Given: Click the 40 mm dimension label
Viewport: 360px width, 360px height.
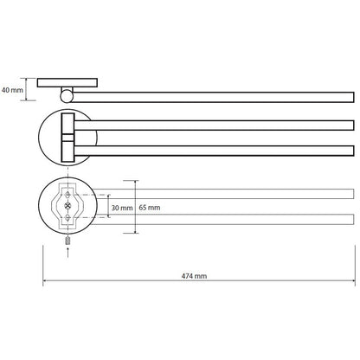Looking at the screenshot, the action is (x=12, y=90).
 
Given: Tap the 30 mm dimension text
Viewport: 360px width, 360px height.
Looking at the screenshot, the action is (x=122, y=208).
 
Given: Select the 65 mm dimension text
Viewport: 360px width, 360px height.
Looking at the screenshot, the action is (x=150, y=208).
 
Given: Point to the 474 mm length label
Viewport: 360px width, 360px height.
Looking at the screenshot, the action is (x=194, y=276).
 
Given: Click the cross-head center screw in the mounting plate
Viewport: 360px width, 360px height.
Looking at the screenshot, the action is (x=67, y=206).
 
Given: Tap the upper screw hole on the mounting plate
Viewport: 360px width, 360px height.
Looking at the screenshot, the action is (x=67, y=195).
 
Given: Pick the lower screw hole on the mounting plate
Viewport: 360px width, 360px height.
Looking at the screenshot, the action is (x=67, y=218).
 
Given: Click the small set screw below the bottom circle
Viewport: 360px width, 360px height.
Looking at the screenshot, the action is (x=67, y=241).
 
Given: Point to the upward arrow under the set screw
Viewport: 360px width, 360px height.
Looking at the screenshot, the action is (x=67, y=252).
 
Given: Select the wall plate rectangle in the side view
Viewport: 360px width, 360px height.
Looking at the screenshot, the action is (x=67, y=83).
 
